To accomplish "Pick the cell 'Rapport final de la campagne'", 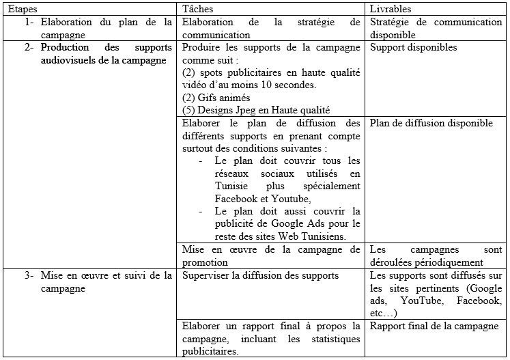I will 435,326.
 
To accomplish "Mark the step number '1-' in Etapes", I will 29,22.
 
